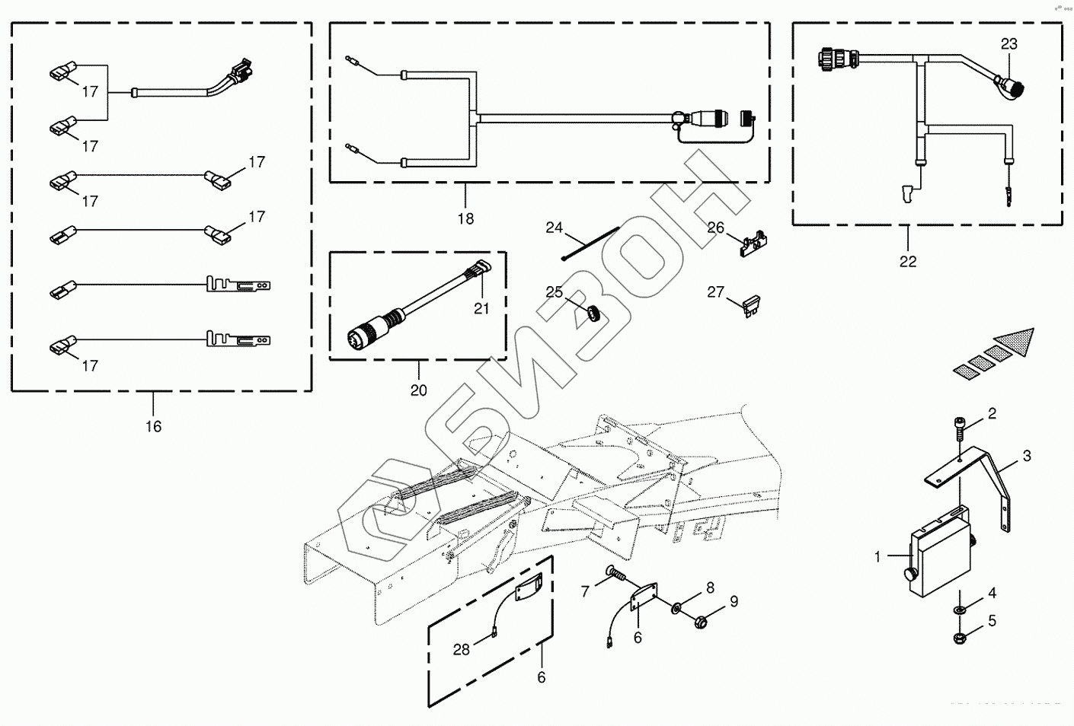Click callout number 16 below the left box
(153, 426)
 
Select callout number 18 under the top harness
(465, 219)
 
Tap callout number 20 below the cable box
(418, 390)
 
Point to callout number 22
(907, 261)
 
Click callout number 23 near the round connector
(1008, 44)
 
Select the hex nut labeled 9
(702, 621)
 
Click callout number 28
(462, 649)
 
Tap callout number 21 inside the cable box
(481, 308)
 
